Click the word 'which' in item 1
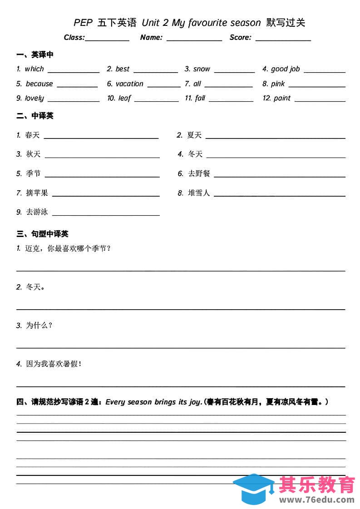pyautogui.click(x=34, y=69)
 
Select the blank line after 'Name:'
pyautogui.click(x=194, y=40)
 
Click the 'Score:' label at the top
pyautogui.click(x=240, y=38)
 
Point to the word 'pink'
pyautogui.click(x=278, y=84)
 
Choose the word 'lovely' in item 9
pyautogui.click(x=35, y=98)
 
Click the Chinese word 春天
pyautogui.click(x=33, y=135)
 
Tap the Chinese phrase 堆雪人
pyautogui.click(x=199, y=193)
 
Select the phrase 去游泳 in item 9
pyautogui.click(x=37, y=212)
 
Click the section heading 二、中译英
pyautogui.click(x=35, y=116)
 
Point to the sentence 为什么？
pyautogui.click(x=39, y=325)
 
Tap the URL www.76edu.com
pyautogui.click(x=317, y=500)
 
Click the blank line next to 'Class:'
pyautogui.click(x=107, y=40)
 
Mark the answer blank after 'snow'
pyautogui.click(x=234, y=71)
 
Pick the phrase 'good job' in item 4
pyautogui.click(x=285, y=69)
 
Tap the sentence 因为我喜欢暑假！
pyautogui.click(x=54, y=364)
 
